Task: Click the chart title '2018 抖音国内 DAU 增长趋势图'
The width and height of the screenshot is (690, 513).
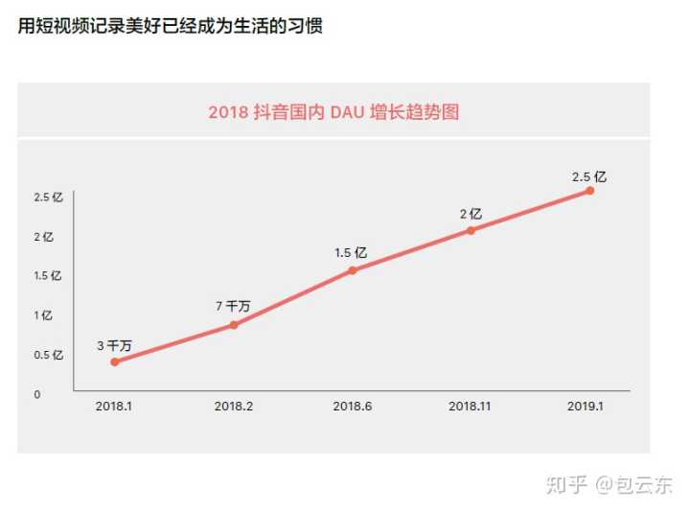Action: tap(333, 112)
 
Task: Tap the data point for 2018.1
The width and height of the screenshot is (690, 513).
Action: tap(115, 361)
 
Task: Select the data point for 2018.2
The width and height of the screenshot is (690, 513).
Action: tap(234, 325)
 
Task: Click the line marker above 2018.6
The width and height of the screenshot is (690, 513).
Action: tap(352, 270)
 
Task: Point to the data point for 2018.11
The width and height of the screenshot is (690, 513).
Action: tap(471, 230)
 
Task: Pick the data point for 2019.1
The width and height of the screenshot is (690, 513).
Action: tap(589, 191)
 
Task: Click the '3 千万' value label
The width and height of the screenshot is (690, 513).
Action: tap(114, 345)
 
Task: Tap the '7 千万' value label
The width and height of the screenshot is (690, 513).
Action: tap(233, 307)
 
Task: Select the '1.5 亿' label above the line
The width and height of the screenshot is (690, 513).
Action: tap(351, 253)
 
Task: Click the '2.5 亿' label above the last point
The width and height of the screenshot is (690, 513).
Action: tap(589, 176)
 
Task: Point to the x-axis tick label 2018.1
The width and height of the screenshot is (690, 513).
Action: tap(114, 407)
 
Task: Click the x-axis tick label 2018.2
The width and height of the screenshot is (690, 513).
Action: tap(234, 407)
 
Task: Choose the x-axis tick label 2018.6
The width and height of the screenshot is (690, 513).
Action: tap(352, 407)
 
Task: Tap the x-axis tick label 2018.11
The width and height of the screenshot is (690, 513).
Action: tap(471, 407)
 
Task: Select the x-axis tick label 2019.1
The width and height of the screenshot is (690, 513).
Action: tap(586, 407)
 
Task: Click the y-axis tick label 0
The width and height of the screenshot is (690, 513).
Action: tap(37, 394)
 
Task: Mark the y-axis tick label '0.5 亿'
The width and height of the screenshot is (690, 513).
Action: tap(48, 355)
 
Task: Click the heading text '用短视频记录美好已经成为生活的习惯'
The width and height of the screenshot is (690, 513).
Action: tap(171, 26)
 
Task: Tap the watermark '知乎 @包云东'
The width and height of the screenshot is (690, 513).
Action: tap(609, 485)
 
